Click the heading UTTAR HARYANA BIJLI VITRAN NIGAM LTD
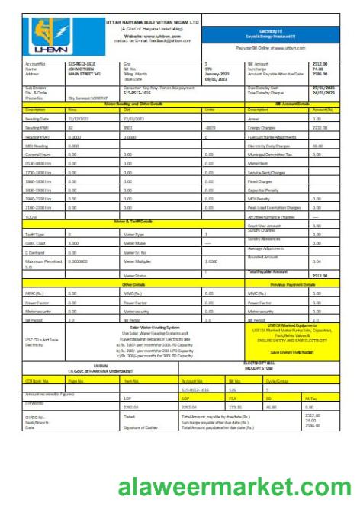tap(151, 23)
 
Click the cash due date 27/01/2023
tap(324, 89)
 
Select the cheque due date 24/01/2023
tap(324, 94)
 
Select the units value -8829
tap(211, 127)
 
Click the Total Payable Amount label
tap(268, 271)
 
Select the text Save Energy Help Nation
tap(293, 351)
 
